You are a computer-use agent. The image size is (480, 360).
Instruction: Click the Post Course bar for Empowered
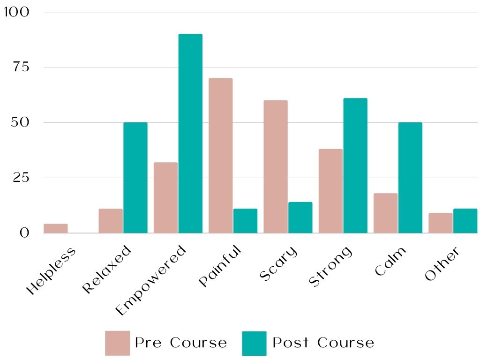pos(190,134)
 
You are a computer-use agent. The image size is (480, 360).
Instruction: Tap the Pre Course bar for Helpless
pos(56,228)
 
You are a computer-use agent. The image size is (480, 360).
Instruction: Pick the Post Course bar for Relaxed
pos(135,178)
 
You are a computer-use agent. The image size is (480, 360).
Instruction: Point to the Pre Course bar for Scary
pos(276,167)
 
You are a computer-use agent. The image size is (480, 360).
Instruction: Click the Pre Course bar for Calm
pos(385,213)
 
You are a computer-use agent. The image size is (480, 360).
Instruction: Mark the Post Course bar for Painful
pos(245,221)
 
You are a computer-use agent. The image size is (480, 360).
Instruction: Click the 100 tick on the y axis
pos(16,12)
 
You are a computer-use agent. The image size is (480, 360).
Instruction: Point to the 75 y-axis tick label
pos(22,67)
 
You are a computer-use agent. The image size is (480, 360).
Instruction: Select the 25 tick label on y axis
pos(22,178)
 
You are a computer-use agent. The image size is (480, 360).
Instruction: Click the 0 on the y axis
pos(24,233)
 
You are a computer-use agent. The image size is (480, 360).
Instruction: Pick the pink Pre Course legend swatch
pos(117,343)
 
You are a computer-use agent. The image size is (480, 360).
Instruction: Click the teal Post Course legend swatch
pos(255,343)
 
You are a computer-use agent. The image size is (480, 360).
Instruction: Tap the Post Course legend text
pos(323,343)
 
